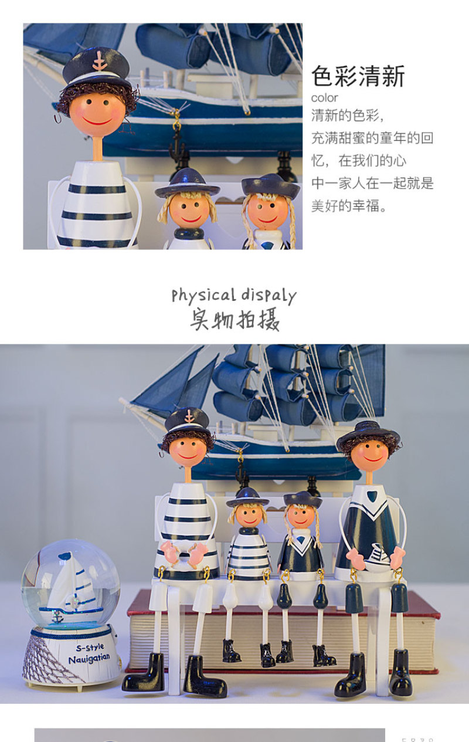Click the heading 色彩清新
click(x=358, y=76)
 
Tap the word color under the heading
click(x=324, y=98)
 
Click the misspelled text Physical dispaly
click(x=234, y=296)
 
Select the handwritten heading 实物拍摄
click(x=235, y=319)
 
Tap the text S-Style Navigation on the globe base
click(x=89, y=653)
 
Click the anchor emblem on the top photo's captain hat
click(x=99, y=61)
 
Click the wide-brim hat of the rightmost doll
click(x=368, y=433)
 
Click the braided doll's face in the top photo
click(x=267, y=211)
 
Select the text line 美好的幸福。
click(x=349, y=206)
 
